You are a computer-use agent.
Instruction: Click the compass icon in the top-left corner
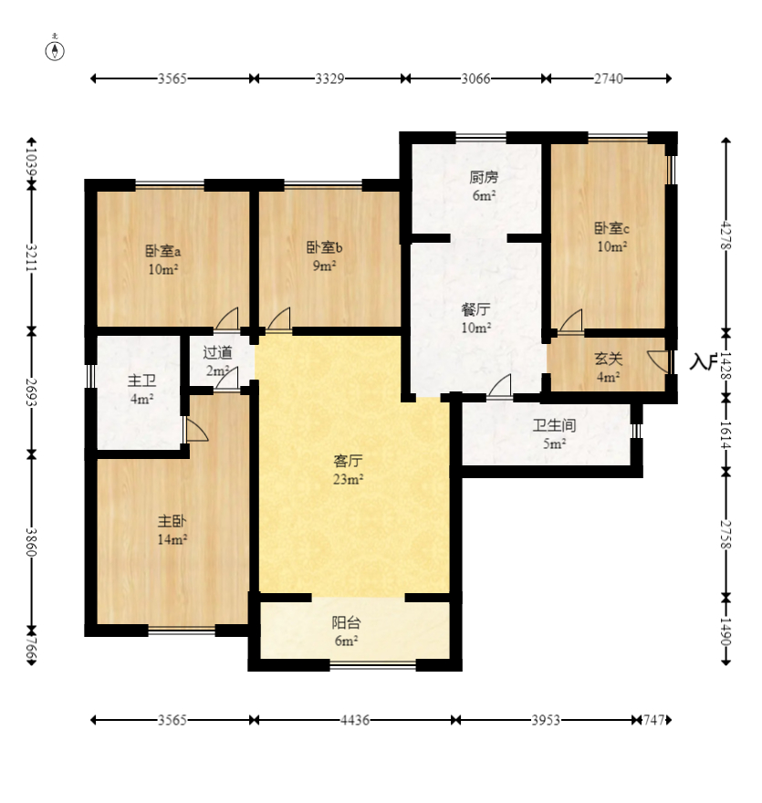(55, 51)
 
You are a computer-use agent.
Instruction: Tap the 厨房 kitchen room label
(484, 178)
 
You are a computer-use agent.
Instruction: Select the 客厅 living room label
(349, 461)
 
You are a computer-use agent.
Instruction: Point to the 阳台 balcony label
(346, 622)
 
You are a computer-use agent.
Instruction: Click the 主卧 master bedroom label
(172, 521)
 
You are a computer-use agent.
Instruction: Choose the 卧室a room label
(163, 251)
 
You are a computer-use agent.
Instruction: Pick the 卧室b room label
(325, 247)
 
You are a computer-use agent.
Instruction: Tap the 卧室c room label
(612, 228)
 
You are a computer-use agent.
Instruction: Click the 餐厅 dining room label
(475, 309)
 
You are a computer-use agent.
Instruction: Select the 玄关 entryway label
(609, 359)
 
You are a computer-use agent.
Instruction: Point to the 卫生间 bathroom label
(554, 425)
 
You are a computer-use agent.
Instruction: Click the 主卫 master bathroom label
(141, 381)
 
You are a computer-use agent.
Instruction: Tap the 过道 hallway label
(217, 352)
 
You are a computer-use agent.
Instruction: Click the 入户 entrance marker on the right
(702, 361)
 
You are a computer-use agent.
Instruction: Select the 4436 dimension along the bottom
(355, 720)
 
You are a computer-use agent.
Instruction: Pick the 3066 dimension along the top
(475, 78)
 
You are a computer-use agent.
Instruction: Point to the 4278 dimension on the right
(726, 235)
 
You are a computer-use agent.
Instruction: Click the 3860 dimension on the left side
(32, 542)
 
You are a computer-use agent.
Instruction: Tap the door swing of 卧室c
(570, 320)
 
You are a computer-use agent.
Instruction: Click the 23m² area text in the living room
(349, 479)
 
